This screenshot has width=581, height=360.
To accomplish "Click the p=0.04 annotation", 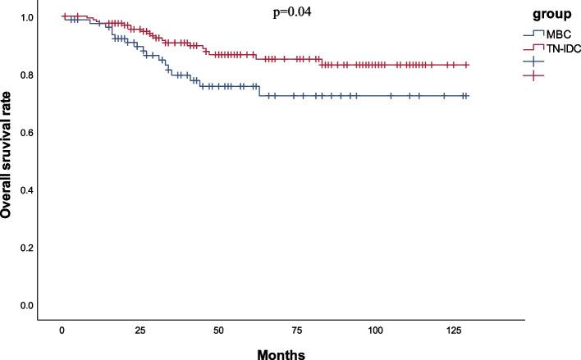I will coord(292,12).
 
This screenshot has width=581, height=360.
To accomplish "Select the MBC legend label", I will coord(558,34).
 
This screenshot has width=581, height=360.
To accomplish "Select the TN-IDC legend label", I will coord(563,48).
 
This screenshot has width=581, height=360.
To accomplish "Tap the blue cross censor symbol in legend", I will coord(536,62).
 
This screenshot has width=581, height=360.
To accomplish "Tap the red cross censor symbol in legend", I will coord(536,75).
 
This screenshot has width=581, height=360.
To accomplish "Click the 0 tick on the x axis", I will coord(62,330).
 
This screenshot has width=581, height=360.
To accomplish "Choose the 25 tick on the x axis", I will coord(140,330).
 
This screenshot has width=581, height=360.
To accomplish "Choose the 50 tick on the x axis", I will coord(219,330).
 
